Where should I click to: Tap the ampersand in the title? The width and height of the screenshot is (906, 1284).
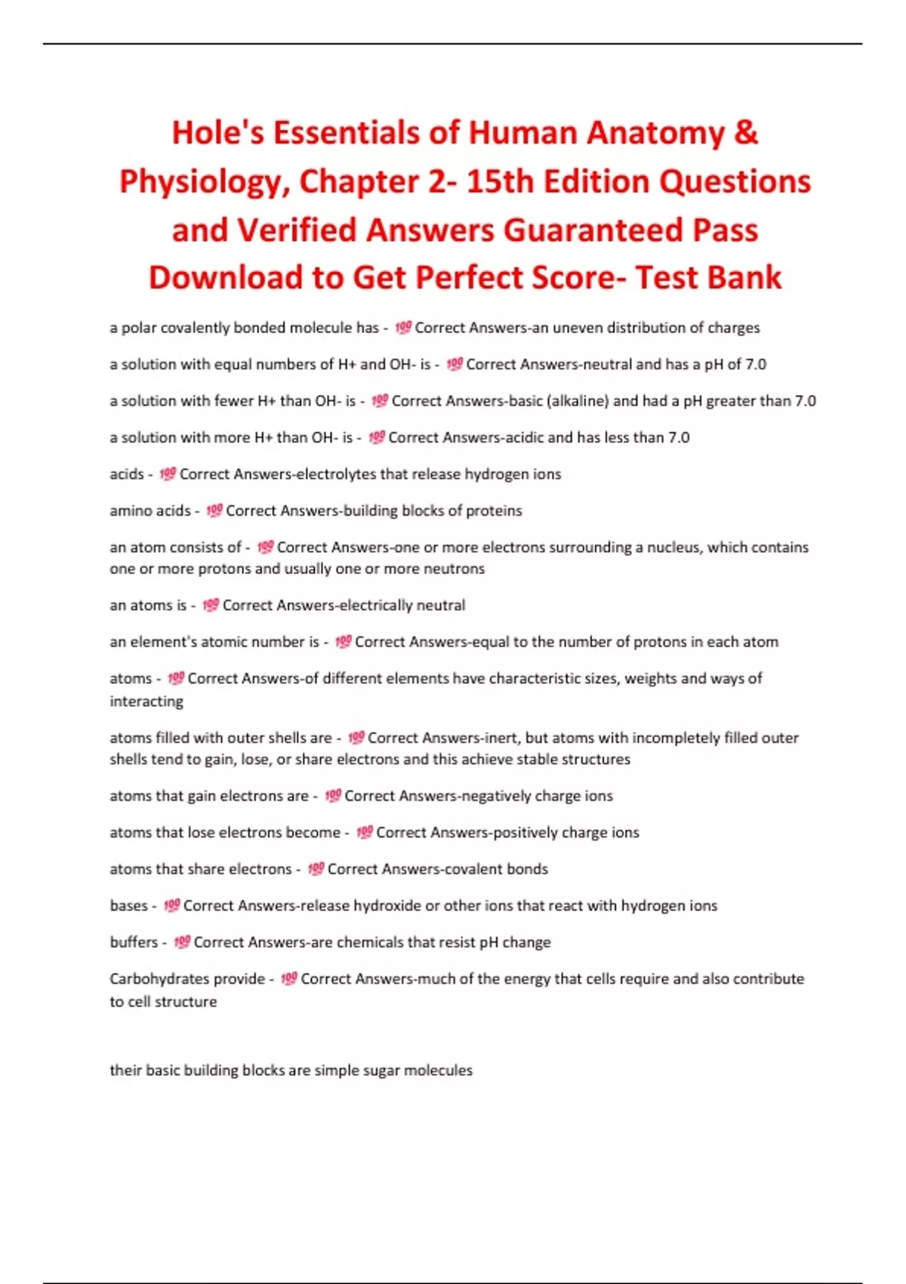pyautogui.click(x=745, y=133)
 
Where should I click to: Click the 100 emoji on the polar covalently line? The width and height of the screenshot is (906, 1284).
pyautogui.click(x=403, y=328)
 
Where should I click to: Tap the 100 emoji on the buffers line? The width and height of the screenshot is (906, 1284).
pyautogui.click(x=182, y=942)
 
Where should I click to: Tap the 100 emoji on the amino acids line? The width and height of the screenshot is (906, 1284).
pyautogui.click(x=214, y=511)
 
